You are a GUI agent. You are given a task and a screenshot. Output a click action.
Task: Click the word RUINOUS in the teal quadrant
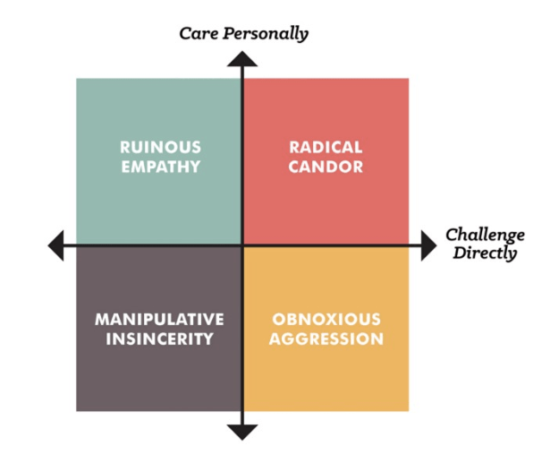point(160,147)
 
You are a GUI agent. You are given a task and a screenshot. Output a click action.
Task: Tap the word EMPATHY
point(160,167)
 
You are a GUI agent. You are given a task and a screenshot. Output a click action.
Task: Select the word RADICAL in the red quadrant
point(326,147)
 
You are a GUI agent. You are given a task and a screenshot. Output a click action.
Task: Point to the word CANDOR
point(326,167)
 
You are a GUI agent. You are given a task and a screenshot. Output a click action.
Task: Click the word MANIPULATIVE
point(159,320)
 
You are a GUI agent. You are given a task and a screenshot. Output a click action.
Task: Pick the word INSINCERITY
point(159,339)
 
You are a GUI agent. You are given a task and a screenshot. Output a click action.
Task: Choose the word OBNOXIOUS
point(326,320)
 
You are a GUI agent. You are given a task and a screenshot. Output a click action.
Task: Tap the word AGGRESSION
point(326,339)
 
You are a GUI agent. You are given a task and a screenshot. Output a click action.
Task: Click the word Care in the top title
point(199,34)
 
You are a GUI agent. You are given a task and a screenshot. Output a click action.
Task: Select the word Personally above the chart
point(265,35)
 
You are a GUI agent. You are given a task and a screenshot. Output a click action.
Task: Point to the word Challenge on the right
point(485,236)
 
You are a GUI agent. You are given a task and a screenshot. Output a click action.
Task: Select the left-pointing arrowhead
point(56,244)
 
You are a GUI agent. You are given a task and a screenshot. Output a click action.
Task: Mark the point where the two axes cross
point(242,244)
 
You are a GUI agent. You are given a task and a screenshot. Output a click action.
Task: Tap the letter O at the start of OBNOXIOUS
point(276,320)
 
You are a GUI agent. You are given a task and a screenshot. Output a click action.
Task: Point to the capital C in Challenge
point(453,236)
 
